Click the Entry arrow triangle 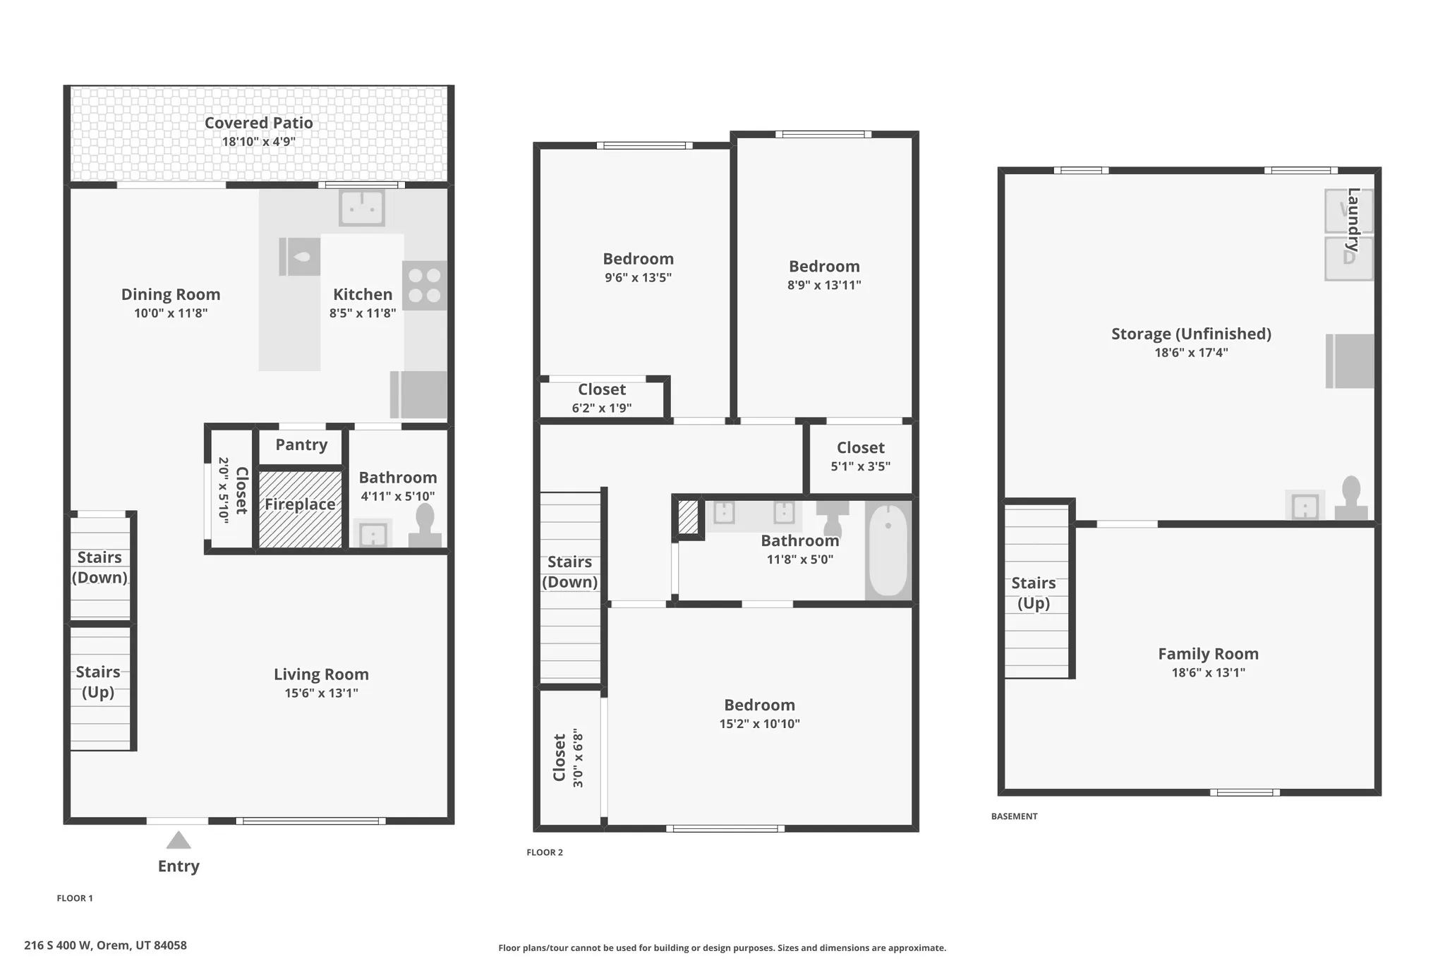179,840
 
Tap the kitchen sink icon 361,207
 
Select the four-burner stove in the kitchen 425,286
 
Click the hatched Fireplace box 301,509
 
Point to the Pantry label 301,444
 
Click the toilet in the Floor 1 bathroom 425,526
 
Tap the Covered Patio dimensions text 258,142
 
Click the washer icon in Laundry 1348,210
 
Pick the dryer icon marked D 1348,258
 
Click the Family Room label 1208,654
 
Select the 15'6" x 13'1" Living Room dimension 321,693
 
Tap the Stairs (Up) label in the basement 1033,593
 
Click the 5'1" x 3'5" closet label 860,466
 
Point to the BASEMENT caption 1014,816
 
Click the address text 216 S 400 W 105,945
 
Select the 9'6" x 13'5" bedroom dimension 638,278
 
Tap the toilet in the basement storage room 1350,498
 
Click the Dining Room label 171,294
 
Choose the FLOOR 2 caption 545,852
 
